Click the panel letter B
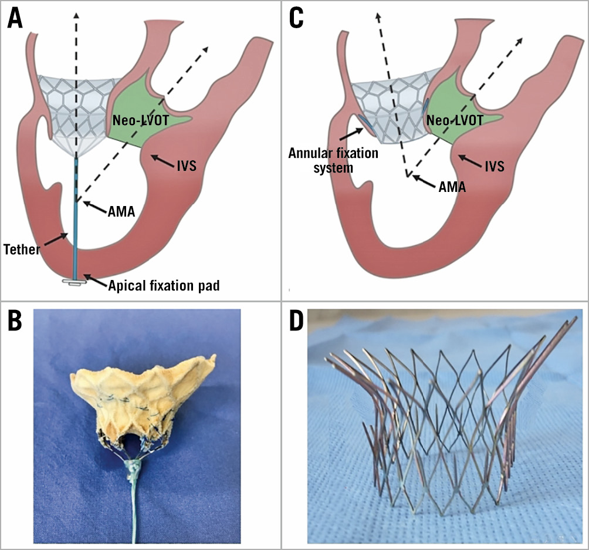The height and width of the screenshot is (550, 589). (15, 322)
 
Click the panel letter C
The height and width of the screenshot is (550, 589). (296, 18)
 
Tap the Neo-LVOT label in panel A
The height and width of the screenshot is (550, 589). (140, 122)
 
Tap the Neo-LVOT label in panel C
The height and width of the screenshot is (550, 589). (455, 122)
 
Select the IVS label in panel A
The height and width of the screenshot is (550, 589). (185, 166)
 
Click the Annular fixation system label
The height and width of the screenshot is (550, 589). (333, 160)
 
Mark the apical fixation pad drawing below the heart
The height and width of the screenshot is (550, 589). (73, 284)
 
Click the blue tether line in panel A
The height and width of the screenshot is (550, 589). (76, 235)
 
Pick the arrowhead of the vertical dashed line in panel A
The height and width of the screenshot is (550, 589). (76, 13)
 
